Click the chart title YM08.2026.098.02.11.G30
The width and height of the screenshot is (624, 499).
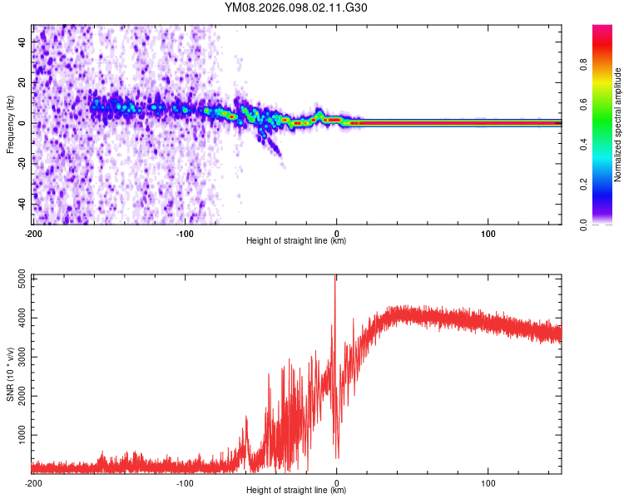pos(296,8)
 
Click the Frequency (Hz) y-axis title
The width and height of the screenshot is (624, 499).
pos(10,123)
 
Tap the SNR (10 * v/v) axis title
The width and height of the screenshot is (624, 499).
pos(10,374)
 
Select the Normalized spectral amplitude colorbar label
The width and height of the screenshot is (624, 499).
pos(618,126)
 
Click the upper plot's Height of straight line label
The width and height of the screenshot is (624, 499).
pos(296,241)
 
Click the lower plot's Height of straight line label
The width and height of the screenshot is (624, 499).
pos(296,491)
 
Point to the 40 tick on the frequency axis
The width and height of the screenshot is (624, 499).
pos(22,41)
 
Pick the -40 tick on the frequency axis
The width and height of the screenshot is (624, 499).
pos(22,204)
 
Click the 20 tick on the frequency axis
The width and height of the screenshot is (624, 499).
pos(22,82)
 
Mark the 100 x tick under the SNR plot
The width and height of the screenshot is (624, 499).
pos(488,482)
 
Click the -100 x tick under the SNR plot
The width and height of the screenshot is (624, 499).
pos(185,482)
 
